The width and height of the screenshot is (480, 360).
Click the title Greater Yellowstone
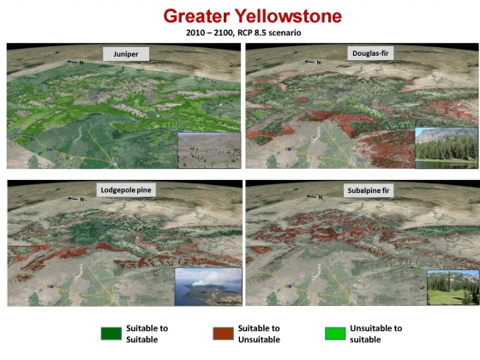pos(253,16)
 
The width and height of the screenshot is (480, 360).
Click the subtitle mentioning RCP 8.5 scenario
pos(243,33)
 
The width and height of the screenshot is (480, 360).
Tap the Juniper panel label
pos(126,54)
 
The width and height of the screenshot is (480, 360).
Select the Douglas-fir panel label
pos(370,53)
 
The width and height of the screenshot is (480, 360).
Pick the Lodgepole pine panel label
pos(126,190)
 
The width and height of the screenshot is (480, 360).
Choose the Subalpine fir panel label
pos(369,190)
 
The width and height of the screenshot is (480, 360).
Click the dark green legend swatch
pos(111,333)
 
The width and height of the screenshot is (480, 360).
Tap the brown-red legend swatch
pos(223,333)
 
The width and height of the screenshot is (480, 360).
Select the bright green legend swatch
pos(335,333)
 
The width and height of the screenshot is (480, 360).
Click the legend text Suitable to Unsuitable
pos(259,333)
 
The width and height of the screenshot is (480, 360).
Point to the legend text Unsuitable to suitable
pos(376,333)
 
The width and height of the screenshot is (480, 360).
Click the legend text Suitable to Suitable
pos(147,333)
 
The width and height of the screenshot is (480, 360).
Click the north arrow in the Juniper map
pos(73,62)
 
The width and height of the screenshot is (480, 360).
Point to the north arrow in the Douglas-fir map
pos(310,62)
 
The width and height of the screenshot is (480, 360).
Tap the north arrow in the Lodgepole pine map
pos(73,199)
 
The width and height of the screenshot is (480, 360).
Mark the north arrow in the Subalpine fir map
pos(312,196)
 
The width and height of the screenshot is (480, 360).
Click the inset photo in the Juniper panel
pos(209,150)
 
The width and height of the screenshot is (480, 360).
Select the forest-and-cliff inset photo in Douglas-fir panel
pos(447,147)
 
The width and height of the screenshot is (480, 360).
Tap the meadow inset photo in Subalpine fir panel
pos(453,287)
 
